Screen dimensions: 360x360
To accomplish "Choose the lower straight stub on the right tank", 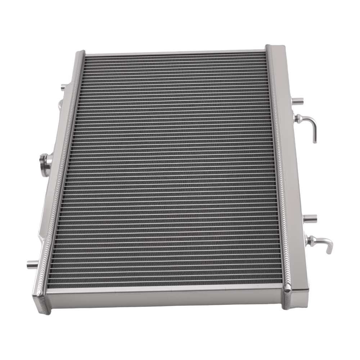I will [310, 218].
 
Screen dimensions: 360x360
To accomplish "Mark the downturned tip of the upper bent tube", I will [315, 139].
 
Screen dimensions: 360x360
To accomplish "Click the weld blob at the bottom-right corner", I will [287, 288].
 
